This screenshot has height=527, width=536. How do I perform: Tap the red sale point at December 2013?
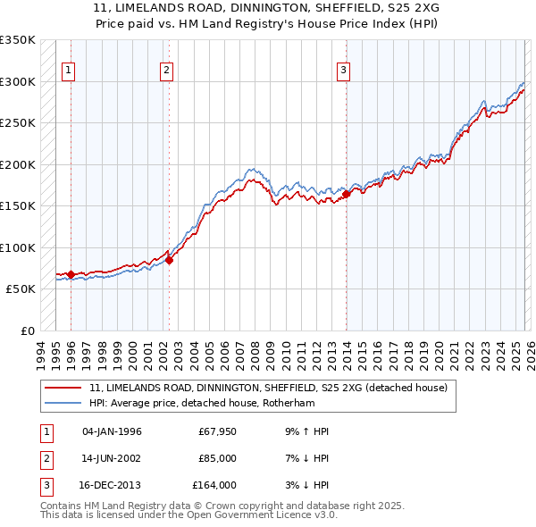(346, 194)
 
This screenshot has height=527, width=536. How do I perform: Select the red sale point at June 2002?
(170, 260)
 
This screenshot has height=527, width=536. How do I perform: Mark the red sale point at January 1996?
(71, 274)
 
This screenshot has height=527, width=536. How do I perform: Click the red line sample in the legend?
(63, 389)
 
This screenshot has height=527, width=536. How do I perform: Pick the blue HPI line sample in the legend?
(63, 403)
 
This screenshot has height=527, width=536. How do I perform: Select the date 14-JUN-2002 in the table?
(112, 458)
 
